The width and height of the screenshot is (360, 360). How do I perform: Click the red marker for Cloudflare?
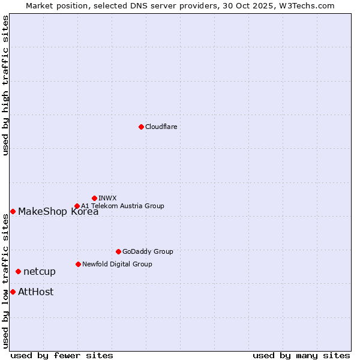(141, 127)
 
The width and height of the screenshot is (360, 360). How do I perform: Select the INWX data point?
(95, 198)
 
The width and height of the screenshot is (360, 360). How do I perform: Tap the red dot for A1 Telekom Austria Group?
(77, 206)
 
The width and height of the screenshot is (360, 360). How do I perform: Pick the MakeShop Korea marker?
(13, 211)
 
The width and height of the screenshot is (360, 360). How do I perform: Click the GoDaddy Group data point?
(118, 251)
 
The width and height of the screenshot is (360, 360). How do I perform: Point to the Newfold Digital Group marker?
(78, 264)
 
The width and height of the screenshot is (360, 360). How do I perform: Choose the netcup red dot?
(18, 272)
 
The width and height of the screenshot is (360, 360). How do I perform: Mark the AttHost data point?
(13, 292)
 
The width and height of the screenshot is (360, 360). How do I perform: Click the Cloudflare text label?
(161, 127)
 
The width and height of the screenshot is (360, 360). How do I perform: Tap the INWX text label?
(108, 198)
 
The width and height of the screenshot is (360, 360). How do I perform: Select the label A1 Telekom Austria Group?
(122, 206)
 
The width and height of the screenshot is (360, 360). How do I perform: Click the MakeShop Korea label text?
(58, 211)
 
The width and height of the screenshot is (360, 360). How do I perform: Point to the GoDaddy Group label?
(148, 251)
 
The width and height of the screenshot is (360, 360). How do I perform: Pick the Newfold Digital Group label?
(117, 264)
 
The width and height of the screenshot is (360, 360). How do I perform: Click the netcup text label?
(40, 272)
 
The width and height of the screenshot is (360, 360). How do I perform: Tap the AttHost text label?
(36, 292)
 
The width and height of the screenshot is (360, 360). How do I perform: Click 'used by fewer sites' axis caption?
(62, 355)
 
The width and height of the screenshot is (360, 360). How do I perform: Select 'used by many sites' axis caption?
(301, 355)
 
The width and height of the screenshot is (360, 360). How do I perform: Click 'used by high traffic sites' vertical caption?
(6, 85)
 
